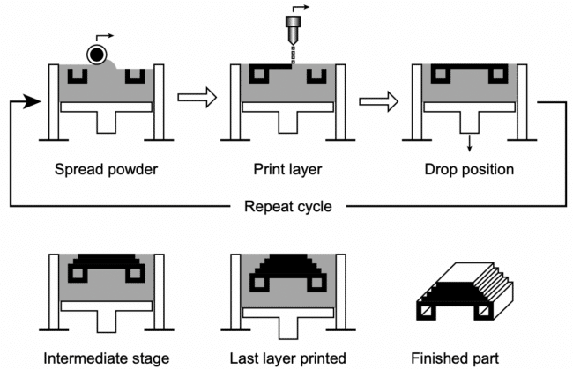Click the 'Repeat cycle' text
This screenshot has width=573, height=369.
(287, 208)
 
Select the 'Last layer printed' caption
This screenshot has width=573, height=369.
(286, 358)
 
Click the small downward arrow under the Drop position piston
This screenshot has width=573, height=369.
(468, 144)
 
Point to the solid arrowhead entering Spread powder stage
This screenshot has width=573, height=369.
(33, 102)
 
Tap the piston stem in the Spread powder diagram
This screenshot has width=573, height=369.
(106, 122)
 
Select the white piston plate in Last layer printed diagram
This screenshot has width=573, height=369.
(286, 311)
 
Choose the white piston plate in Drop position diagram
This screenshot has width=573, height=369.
(468, 107)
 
